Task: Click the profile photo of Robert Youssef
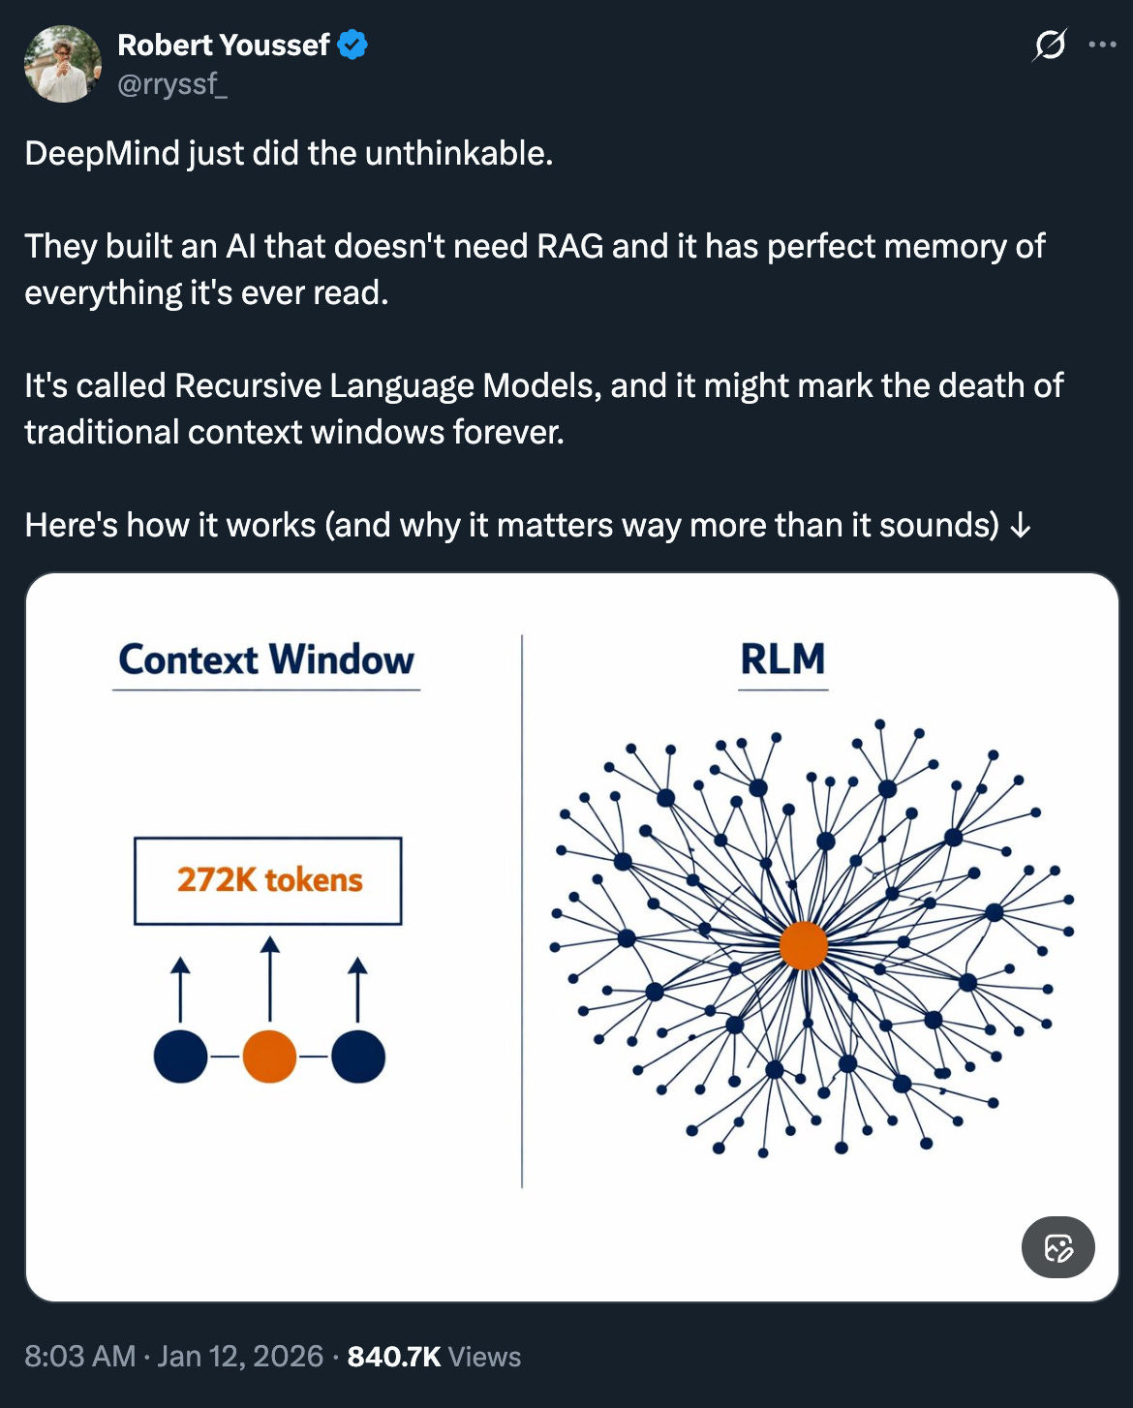tap(63, 64)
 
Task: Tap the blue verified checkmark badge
tap(352, 45)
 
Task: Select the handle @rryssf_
tap(172, 85)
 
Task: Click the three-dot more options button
tap(1102, 45)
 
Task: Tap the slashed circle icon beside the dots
tap(1051, 45)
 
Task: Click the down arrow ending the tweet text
tap(1020, 526)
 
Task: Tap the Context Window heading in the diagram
tap(266, 659)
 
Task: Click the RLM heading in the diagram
tap(782, 659)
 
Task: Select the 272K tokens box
tap(268, 880)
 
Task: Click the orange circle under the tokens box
tap(269, 1056)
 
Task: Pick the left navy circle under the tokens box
tap(180, 1056)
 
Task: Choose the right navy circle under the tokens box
tap(358, 1056)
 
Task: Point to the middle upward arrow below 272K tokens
tap(270, 978)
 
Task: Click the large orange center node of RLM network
tap(804, 945)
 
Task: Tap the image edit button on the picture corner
tap(1057, 1247)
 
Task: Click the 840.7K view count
tap(394, 1357)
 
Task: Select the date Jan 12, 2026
tap(240, 1357)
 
